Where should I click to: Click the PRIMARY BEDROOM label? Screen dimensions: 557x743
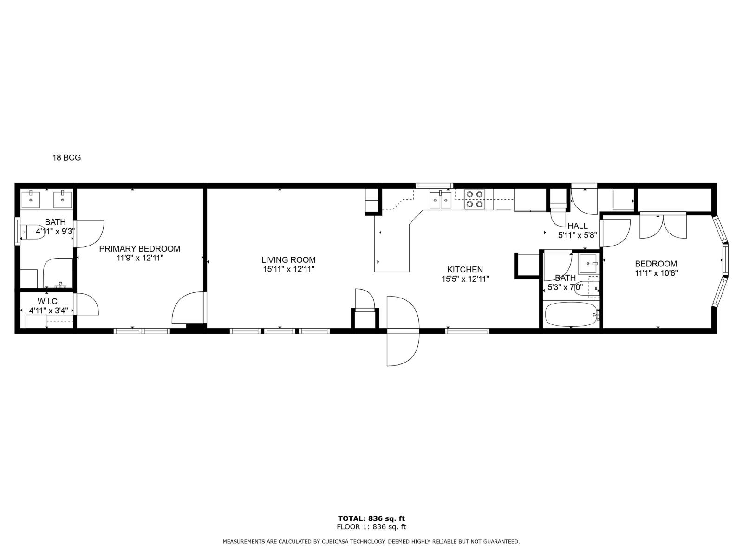[139, 249]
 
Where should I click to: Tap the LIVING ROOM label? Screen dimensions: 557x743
[288, 260]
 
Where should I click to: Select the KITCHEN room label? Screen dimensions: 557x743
[465, 269]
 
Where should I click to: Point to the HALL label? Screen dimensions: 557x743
[577, 226]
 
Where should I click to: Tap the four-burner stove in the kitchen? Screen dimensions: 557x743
[474, 199]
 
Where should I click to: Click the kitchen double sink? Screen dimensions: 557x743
[440, 200]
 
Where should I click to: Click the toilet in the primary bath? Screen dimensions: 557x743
[33, 231]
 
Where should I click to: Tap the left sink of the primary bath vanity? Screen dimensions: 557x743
[32, 199]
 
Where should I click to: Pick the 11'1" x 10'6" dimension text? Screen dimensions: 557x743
[656, 273]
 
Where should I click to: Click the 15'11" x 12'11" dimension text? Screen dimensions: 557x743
[288, 269]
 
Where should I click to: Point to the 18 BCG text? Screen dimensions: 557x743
[66, 158]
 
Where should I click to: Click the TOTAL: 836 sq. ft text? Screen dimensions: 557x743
[371, 518]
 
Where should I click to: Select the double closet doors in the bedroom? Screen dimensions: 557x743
[663, 226]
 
